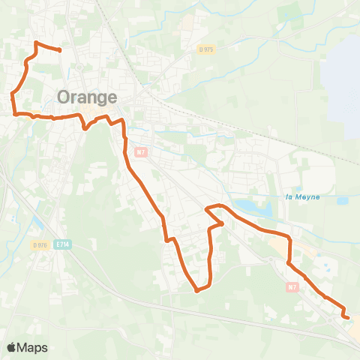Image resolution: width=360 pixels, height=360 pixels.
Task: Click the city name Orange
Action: point(87,97)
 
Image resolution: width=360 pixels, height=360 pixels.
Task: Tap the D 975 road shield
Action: point(206,49)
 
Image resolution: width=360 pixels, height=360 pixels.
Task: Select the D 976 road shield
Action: point(40,244)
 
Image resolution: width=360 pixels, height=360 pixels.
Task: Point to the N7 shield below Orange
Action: point(140,152)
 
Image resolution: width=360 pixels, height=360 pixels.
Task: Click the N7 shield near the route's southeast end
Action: point(292,286)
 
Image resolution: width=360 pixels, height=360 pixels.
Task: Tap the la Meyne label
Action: point(304,198)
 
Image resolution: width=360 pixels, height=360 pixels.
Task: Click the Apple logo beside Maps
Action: point(11,347)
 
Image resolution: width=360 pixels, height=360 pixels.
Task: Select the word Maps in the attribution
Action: point(32,347)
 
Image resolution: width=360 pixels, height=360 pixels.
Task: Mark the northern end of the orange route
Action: point(59,50)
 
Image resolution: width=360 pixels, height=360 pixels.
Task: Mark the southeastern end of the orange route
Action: point(348,317)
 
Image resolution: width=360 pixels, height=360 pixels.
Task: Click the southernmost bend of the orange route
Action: point(196,290)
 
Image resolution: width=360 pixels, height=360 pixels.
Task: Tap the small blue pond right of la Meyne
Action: point(342,201)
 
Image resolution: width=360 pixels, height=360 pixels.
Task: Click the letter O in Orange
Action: point(64,97)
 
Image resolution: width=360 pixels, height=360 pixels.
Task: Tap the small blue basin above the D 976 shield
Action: point(37,223)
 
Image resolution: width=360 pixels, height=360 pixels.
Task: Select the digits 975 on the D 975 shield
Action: point(209,49)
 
